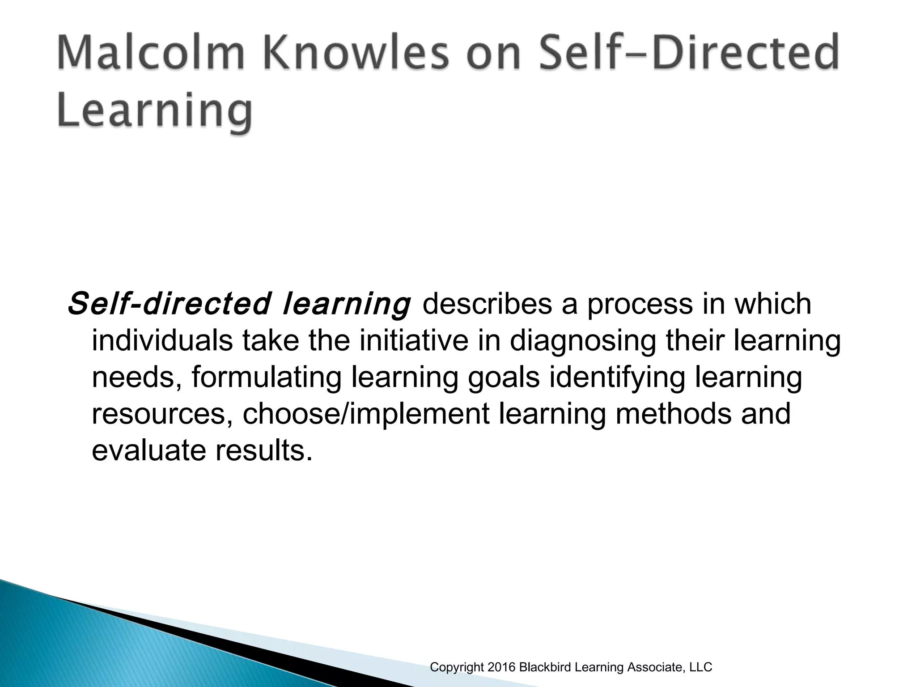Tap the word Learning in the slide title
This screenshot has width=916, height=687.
[155, 111]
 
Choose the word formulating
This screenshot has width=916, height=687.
[267, 377]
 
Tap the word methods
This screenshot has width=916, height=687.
[674, 413]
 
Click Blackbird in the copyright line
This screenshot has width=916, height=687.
[544, 667]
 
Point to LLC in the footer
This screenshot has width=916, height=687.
[700, 667]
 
